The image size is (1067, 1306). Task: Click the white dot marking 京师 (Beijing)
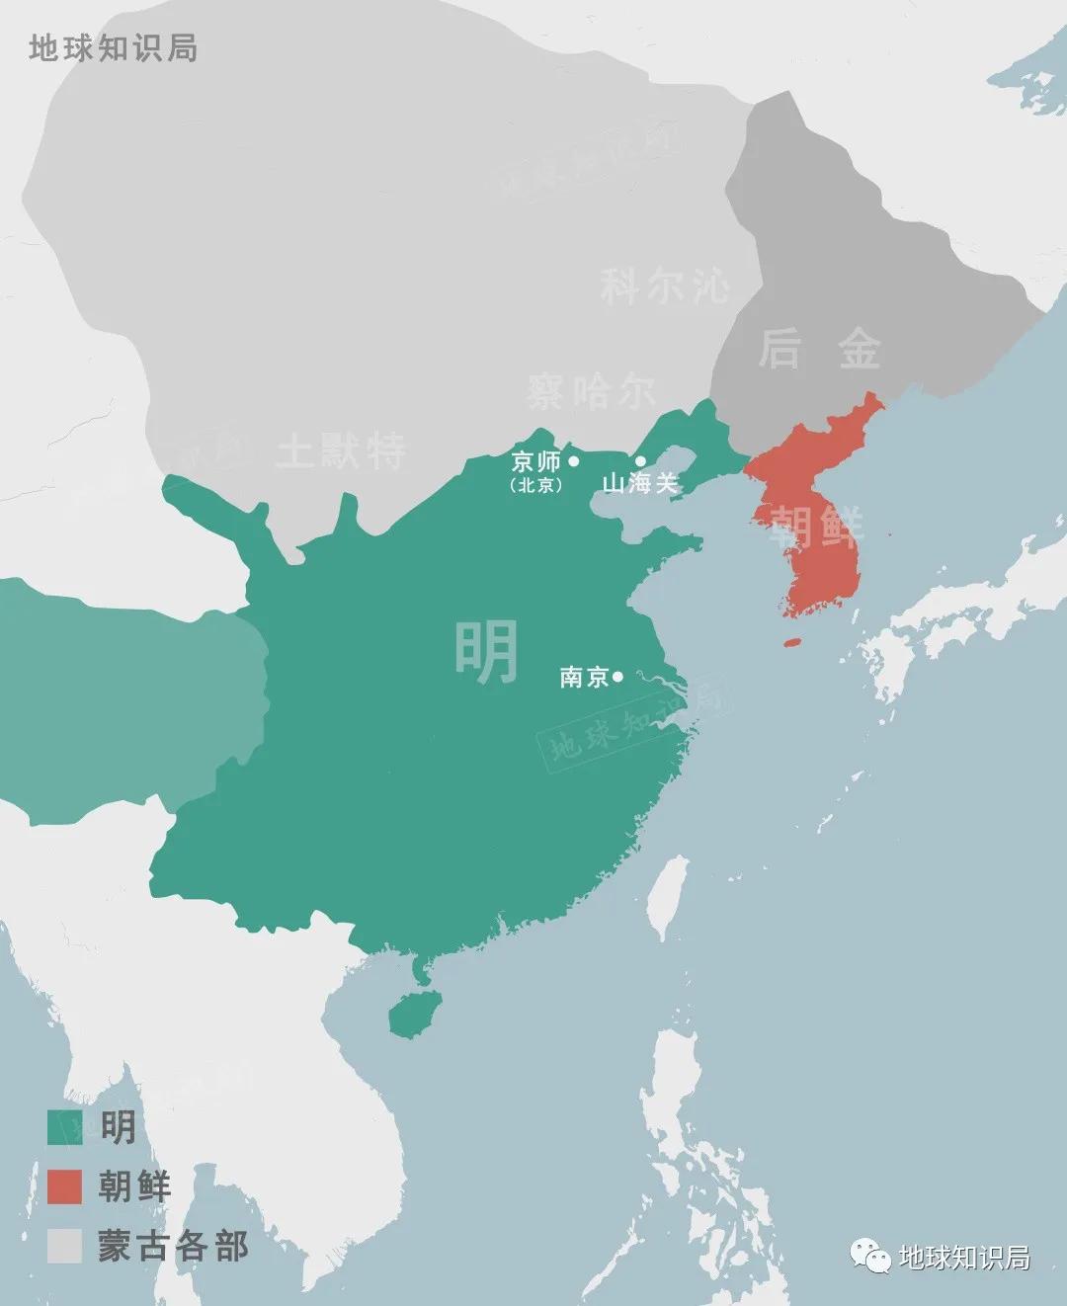(574, 461)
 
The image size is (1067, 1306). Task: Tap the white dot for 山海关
(640, 461)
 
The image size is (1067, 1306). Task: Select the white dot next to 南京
(617, 677)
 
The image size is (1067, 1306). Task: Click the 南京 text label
(584, 678)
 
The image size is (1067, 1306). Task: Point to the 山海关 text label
(640, 484)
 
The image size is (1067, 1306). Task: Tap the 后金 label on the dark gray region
(819, 349)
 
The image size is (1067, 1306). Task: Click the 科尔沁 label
(665, 286)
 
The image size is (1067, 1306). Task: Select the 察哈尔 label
(590, 392)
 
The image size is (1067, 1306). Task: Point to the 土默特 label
(341, 451)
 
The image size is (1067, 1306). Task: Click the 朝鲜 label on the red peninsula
(815, 527)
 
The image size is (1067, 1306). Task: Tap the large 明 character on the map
(486, 652)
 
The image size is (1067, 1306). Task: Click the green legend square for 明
(64, 1126)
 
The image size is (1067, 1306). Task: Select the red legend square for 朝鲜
(64, 1186)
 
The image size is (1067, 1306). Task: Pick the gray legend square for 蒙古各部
(64, 1246)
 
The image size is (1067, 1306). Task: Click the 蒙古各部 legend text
(173, 1246)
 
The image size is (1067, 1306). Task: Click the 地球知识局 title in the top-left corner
(113, 47)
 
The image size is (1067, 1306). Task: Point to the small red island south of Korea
(792, 643)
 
